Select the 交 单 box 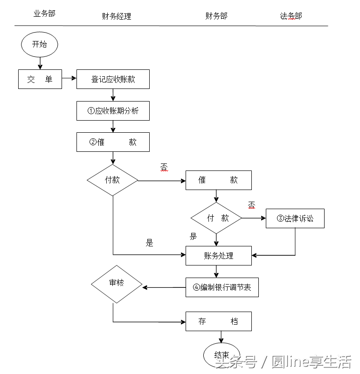(x=40, y=79)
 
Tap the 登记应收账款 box (x=113, y=79)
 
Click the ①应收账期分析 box (x=113, y=111)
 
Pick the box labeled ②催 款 (x=113, y=142)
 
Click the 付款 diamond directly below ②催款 (x=112, y=180)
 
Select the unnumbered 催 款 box (x=218, y=180)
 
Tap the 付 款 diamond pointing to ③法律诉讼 (x=216, y=218)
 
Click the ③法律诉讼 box (x=295, y=218)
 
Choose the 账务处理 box (x=218, y=256)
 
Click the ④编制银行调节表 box (x=222, y=287)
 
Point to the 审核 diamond (x=117, y=283)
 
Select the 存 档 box (x=218, y=321)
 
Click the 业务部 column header (x=44, y=14)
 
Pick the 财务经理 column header (x=117, y=16)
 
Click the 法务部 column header (x=291, y=16)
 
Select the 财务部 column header (x=216, y=16)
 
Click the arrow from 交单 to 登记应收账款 (x=69, y=79)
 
